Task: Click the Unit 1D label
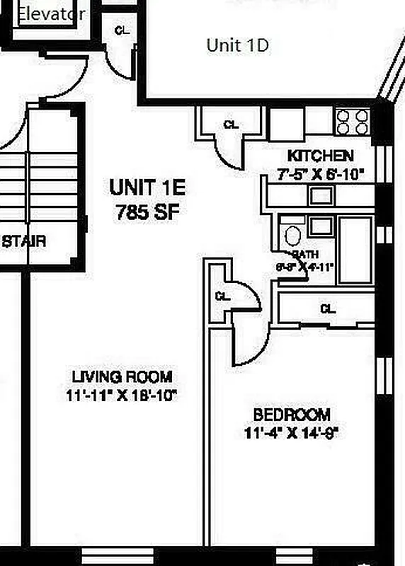(x=237, y=45)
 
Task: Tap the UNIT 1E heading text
(x=147, y=188)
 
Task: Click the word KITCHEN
(x=320, y=156)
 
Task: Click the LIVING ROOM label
(x=122, y=377)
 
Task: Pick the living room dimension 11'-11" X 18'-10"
(x=122, y=395)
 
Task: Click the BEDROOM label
(x=292, y=414)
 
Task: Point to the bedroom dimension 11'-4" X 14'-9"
(x=292, y=432)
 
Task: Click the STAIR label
(x=24, y=241)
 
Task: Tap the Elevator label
(x=50, y=13)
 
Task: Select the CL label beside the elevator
(x=122, y=30)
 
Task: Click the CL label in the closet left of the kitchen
(x=231, y=125)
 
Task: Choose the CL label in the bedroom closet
(x=327, y=309)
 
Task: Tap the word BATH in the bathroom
(x=305, y=254)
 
